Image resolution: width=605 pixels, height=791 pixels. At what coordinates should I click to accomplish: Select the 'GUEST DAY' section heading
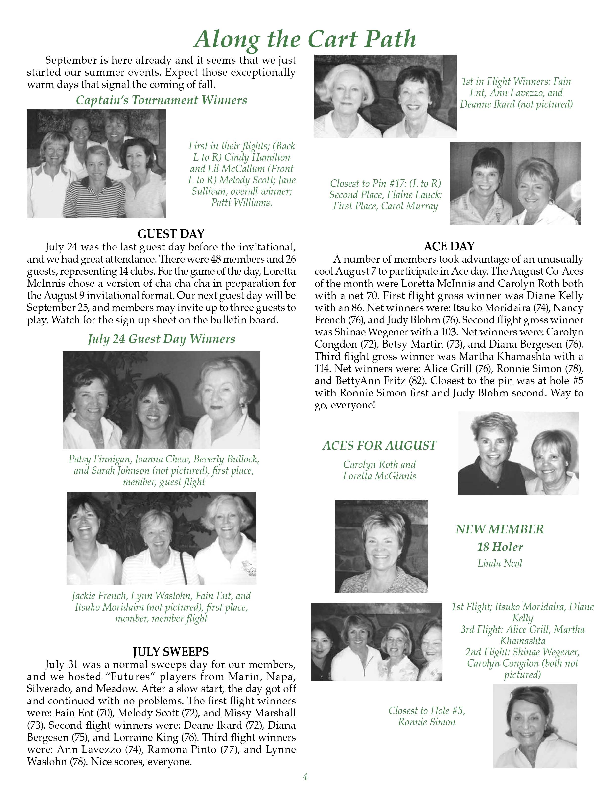pyautogui.click(x=171, y=234)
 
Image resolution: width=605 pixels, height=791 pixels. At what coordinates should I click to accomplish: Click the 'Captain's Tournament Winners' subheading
pyautogui.click(x=161, y=100)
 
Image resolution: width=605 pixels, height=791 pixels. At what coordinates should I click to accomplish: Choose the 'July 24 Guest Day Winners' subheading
pyautogui.click(x=161, y=339)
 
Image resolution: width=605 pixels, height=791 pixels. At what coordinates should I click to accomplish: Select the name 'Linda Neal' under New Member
pyautogui.click(x=499, y=563)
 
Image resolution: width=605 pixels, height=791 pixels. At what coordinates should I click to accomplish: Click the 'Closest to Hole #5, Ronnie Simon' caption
pyautogui.click(x=426, y=716)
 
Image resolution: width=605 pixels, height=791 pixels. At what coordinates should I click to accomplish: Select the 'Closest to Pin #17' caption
pyautogui.click(x=385, y=195)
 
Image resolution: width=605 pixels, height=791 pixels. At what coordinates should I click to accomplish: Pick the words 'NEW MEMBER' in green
pyautogui.click(x=499, y=529)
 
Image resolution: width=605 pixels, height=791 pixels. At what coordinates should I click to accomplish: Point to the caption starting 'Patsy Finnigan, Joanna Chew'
pyautogui.click(x=164, y=470)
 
